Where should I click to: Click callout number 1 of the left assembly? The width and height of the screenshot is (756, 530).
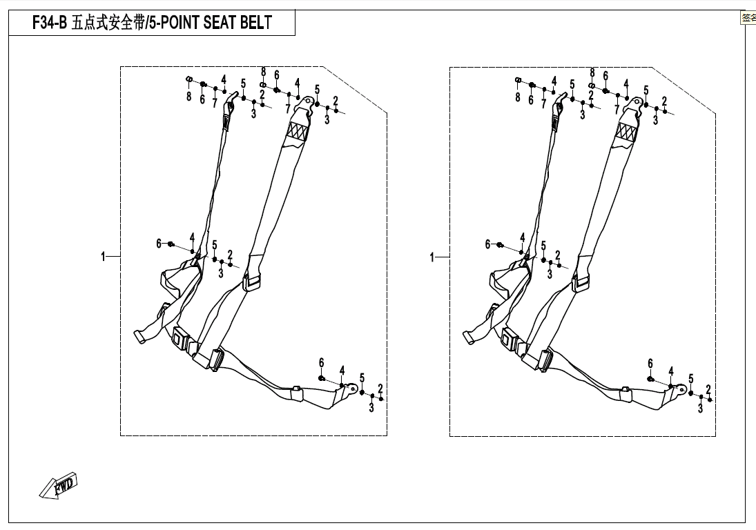point(104,257)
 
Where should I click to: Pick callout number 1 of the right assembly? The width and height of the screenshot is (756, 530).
point(433,257)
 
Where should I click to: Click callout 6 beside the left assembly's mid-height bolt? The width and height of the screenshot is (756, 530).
point(159,243)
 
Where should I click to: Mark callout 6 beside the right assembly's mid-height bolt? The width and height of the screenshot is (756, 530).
point(487,244)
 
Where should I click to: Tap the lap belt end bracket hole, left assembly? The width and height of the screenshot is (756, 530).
point(353,391)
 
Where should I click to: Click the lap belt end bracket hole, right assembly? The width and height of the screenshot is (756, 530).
point(682,391)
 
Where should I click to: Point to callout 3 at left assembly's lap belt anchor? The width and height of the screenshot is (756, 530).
point(371,409)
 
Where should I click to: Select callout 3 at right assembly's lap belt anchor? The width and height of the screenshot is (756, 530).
point(700,409)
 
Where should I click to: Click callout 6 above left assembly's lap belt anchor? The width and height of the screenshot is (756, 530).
point(321,363)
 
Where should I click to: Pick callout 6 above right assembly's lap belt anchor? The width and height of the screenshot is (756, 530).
point(650,363)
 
